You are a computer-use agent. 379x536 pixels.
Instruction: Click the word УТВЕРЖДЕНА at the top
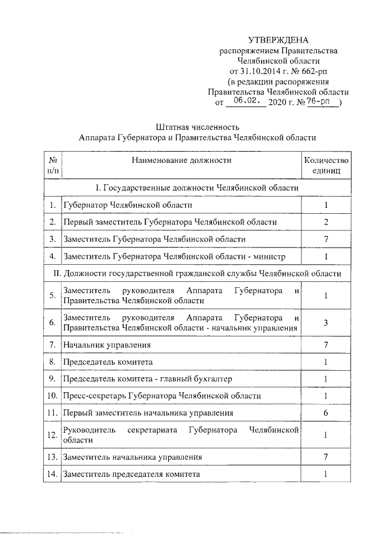click(278, 40)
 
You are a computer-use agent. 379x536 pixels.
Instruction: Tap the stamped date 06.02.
click(244, 102)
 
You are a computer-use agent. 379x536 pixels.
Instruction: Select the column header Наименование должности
click(181, 160)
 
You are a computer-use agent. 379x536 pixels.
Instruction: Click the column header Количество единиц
click(326, 165)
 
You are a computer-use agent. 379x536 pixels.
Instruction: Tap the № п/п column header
click(52, 165)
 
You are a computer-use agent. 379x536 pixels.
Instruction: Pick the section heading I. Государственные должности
click(197, 188)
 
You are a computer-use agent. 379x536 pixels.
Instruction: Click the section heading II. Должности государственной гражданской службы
click(197, 274)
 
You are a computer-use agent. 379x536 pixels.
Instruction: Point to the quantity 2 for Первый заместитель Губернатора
click(326, 222)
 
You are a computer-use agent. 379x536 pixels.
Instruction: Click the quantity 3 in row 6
click(326, 322)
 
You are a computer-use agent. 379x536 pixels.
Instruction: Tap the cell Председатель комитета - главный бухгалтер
click(147, 378)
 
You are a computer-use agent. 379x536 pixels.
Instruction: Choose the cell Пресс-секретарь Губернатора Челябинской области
click(162, 396)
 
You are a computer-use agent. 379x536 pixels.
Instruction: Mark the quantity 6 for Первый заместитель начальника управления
click(326, 413)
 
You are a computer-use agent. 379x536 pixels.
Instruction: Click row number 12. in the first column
click(52, 435)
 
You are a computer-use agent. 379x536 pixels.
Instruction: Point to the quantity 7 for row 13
click(326, 457)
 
